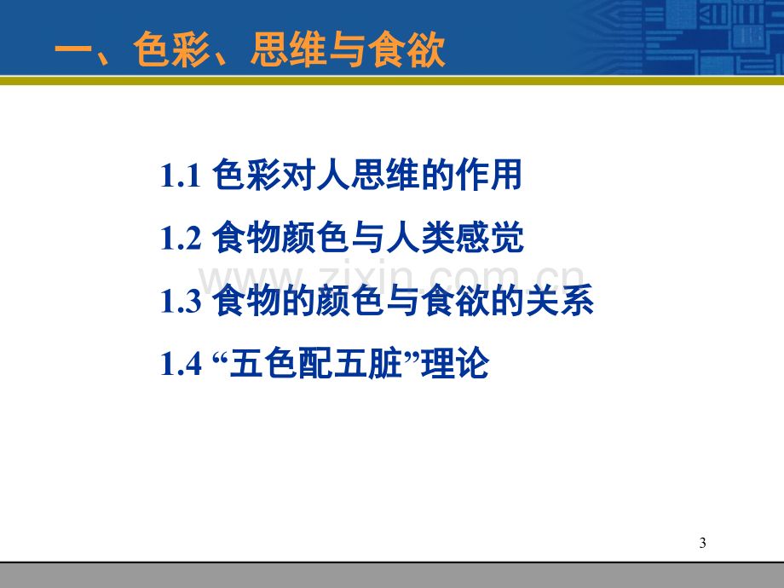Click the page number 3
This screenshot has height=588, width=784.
click(702, 543)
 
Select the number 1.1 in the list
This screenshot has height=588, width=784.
click(181, 176)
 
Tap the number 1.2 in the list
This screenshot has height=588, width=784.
click(181, 238)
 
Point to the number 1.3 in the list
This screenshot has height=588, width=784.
click(181, 301)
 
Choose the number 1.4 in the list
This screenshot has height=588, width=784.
click(181, 364)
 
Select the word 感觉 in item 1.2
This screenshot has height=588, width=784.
click(490, 237)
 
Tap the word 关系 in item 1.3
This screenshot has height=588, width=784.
click(560, 300)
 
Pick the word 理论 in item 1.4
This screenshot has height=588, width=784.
click(455, 363)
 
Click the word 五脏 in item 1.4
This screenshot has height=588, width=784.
click(368, 363)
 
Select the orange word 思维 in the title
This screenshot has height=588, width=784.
click(289, 49)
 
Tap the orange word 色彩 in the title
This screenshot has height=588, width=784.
click(171, 49)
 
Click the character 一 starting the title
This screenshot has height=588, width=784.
click(73, 50)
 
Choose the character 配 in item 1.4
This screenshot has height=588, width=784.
click(316, 363)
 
